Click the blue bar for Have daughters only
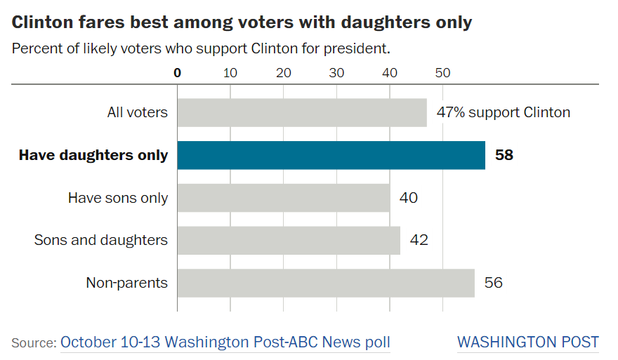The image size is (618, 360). pos(331,155)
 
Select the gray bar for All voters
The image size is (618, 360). pos(302,113)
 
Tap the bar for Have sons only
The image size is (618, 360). pos(284,198)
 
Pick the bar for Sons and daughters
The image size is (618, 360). pos(289,240)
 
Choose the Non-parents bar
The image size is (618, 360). pos(326,283)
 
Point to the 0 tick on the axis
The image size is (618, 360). pos(178,73)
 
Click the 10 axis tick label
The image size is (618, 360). pos(230,73)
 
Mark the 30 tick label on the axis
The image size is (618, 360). pos(336,73)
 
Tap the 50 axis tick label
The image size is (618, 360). pos(442,73)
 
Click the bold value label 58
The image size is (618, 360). pos(504,155)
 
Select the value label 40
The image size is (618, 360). pos(408,198)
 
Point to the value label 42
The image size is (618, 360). pos(419,240)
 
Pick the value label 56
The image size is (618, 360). pos(494,282)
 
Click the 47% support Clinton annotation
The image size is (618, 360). pos(504,113)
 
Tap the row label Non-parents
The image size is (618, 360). pos(127,283)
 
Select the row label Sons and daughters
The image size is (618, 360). pos(101,240)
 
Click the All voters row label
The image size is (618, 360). pos(138,113)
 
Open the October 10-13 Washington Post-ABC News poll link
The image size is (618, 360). pos(225,342)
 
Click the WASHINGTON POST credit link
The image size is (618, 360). pos(528,342)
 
